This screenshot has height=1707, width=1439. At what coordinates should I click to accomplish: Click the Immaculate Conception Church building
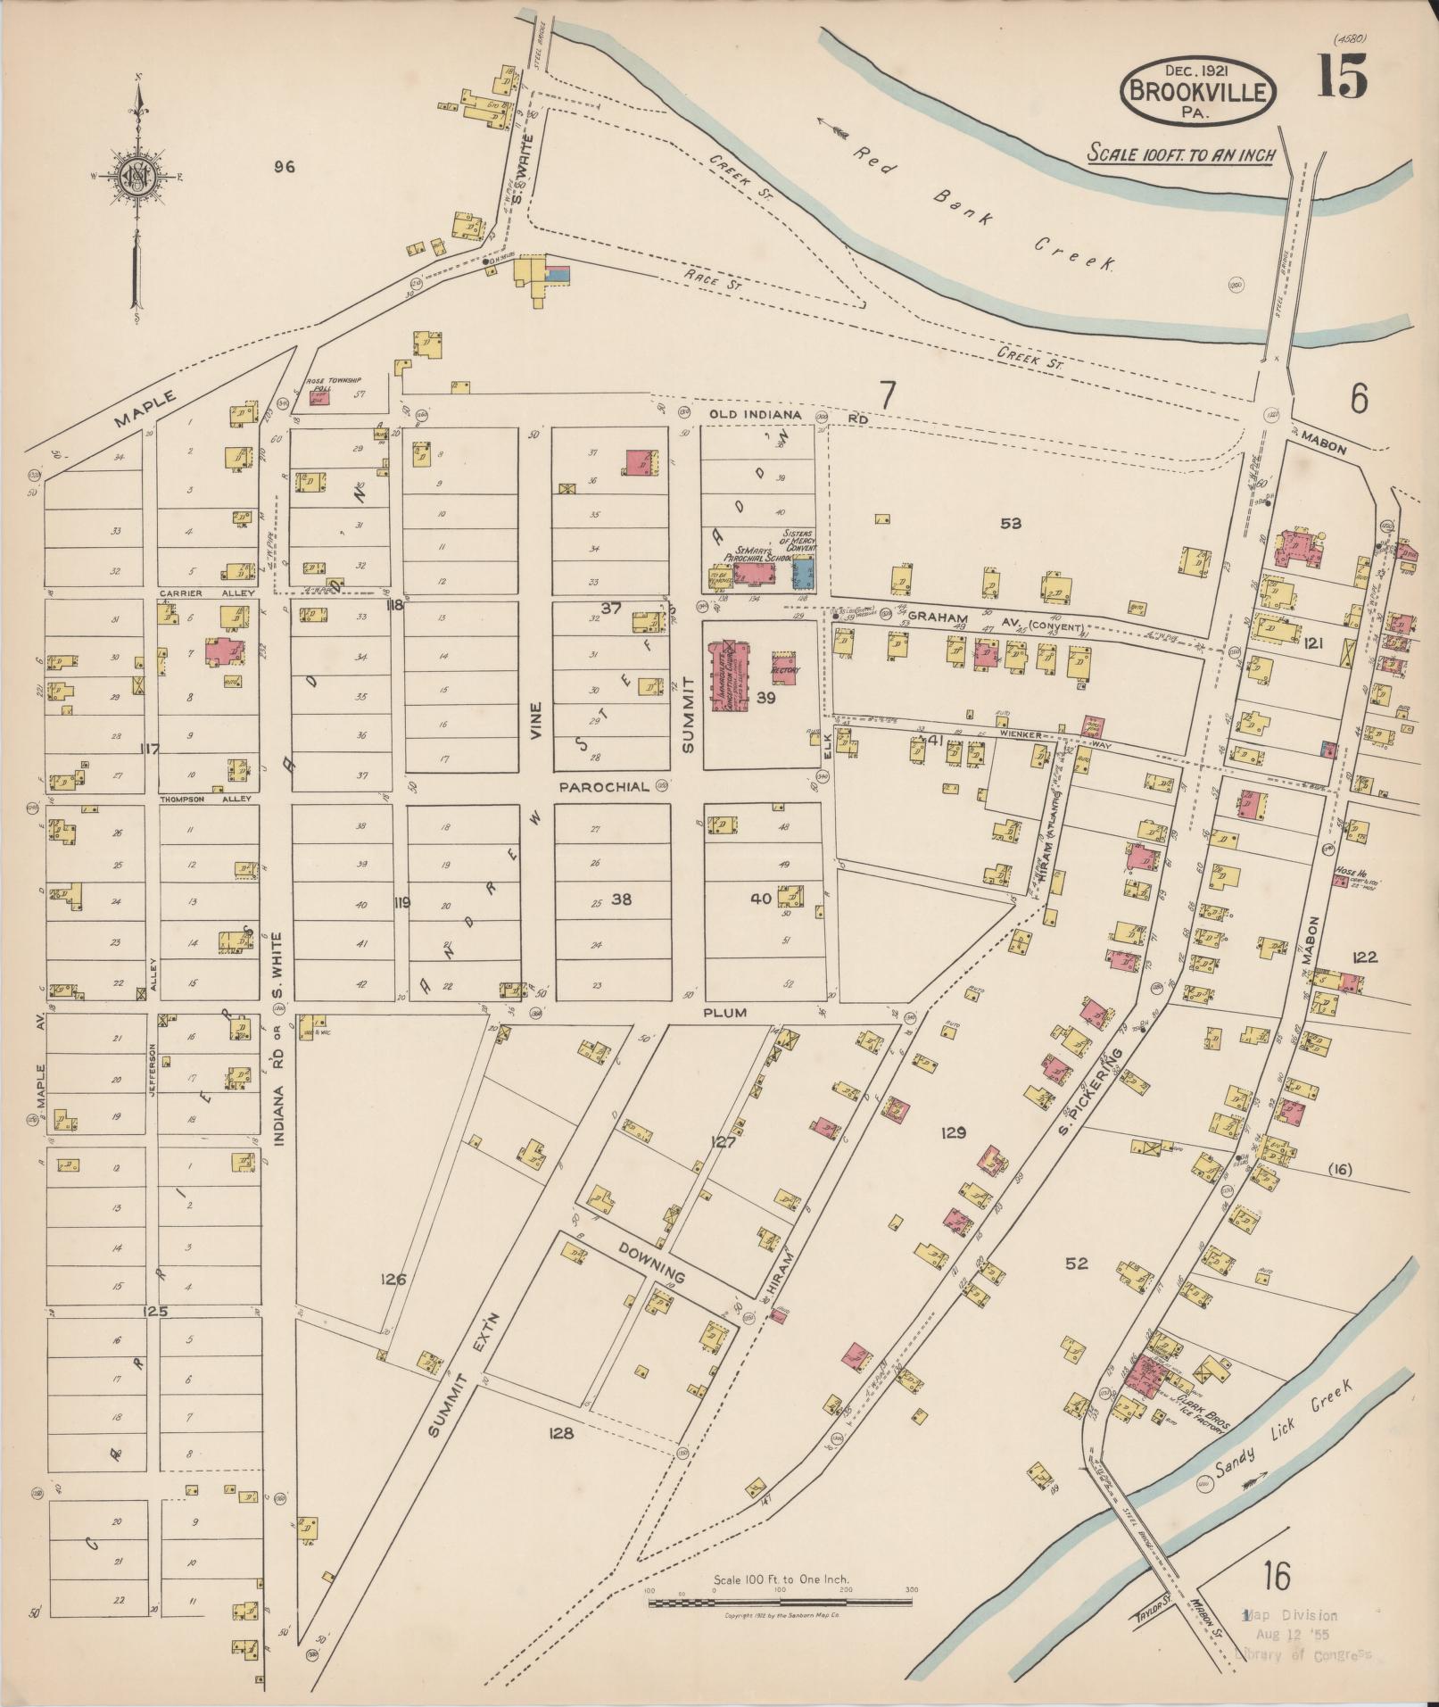(x=728, y=675)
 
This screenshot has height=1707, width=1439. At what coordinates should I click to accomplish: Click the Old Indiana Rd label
(x=789, y=416)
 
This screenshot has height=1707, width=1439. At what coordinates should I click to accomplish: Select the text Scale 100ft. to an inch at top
(x=1181, y=154)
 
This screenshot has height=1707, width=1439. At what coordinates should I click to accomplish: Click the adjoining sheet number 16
(x=1276, y=1577)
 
